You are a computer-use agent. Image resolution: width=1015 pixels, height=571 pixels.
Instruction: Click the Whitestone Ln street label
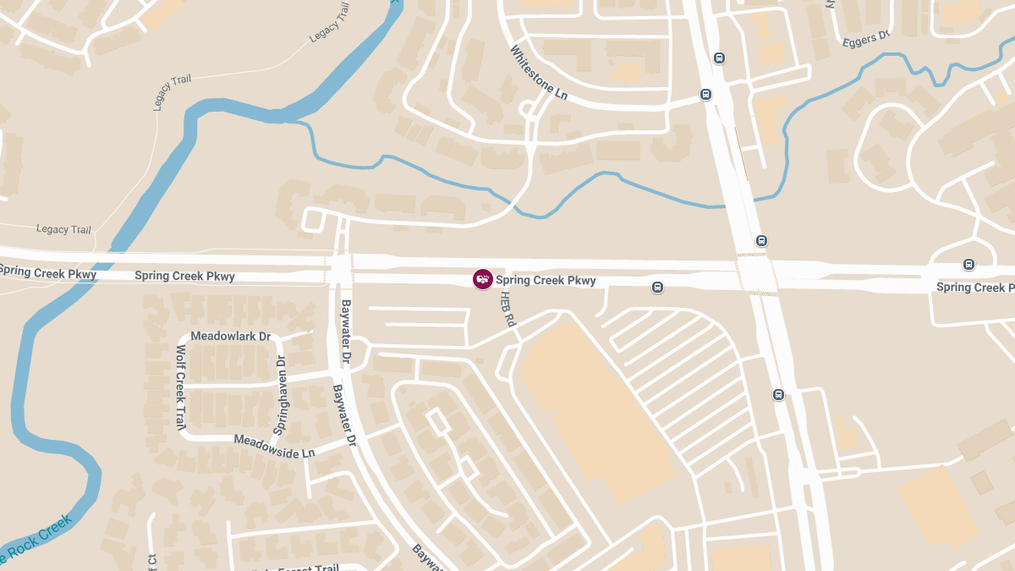pyautogui.click(x=539, y=73)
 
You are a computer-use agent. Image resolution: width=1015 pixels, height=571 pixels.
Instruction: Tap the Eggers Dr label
pyautogui.click(x=867, y=39)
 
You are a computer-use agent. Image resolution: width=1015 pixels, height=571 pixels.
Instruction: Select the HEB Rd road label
pyautogui.click(x=507, y=309)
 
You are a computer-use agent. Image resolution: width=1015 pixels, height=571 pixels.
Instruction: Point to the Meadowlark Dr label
pyautogui.click(x=230, y=336)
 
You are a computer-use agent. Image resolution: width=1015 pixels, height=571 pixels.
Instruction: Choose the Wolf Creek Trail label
pyautogui.click(x=180, y=387)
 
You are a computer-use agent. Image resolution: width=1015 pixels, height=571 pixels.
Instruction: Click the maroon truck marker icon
pyautogui.click(x=482, y=279)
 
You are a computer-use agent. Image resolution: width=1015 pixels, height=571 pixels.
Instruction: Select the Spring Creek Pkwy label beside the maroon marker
pyautogui.click(x=546, y=280)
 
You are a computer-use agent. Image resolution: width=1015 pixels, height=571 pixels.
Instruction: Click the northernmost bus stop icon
pyautogui.click(x=719, y=58)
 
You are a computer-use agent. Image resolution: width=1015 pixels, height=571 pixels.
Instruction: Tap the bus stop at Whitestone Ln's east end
pyautogui.click(x=705, y=95)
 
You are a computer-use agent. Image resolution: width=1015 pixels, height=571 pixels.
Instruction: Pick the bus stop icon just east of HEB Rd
pyautogui.click(x=657, y=288)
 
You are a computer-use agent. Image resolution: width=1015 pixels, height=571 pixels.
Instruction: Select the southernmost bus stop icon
pyautogui.click(x=778, y=394)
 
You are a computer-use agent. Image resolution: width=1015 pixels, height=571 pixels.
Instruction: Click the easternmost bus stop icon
pyautogui.click(x=968, y=265)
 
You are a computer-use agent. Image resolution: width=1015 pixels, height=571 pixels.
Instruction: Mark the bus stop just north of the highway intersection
pyautogui.click(x=761, y=241)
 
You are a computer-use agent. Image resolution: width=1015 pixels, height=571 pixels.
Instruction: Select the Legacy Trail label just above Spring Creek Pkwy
pyautogui.click(x=63, y=229)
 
